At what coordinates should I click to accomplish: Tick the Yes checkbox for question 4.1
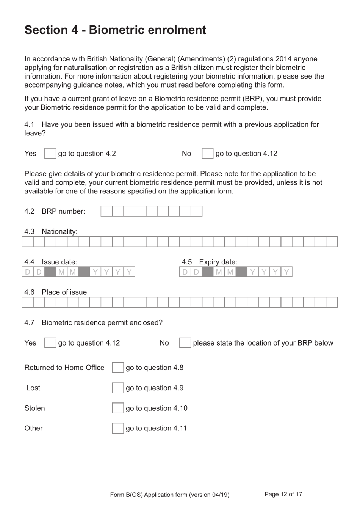pos(50,154)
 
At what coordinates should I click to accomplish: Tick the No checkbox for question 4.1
pos(207,154)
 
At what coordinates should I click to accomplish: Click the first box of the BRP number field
pos(106,211)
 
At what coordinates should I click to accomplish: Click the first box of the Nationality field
pos(28,242)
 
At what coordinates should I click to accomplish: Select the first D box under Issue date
pos(28,272)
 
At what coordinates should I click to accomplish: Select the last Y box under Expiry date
pos(286,272)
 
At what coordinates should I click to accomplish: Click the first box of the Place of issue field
pos(28,302)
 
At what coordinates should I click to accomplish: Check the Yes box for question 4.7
pos(50,343)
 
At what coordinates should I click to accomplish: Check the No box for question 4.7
pos(185,343)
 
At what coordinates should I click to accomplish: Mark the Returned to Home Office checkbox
pos(117,368)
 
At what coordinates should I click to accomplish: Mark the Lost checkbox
pos(117,388)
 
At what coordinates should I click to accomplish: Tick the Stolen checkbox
pos(117,408)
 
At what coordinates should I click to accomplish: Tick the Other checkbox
pos(117,428)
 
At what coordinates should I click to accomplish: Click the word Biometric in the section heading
pos(116,30)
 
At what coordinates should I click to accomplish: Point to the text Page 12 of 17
pos(283,494)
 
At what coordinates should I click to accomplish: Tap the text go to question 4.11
pos(156,428)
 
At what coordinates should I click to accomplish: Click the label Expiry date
pos(218,262)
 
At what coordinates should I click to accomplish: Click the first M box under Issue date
pos(61,272)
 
